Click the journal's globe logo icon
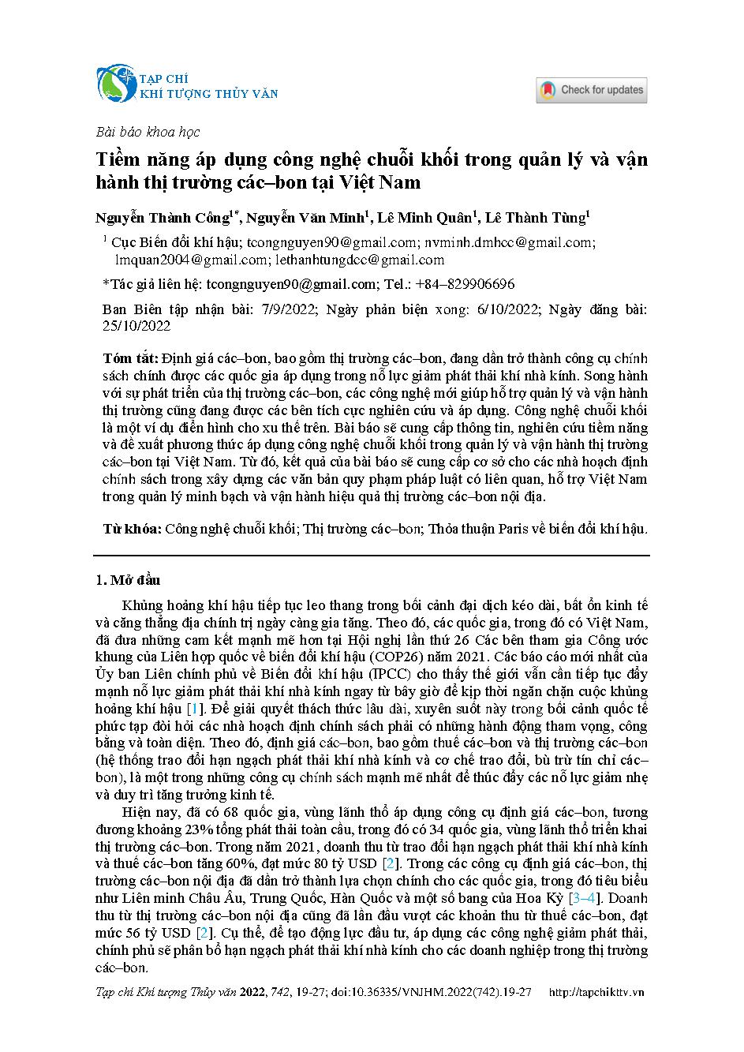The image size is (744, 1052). [116, 84]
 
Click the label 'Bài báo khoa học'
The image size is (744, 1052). [147, 132]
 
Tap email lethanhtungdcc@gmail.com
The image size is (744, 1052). [360, 260]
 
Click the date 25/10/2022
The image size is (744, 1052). [136, 326]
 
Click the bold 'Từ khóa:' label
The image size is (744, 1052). [133, 529]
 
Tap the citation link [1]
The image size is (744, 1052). [193, 709]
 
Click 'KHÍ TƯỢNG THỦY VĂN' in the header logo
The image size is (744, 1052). [208, 94]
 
